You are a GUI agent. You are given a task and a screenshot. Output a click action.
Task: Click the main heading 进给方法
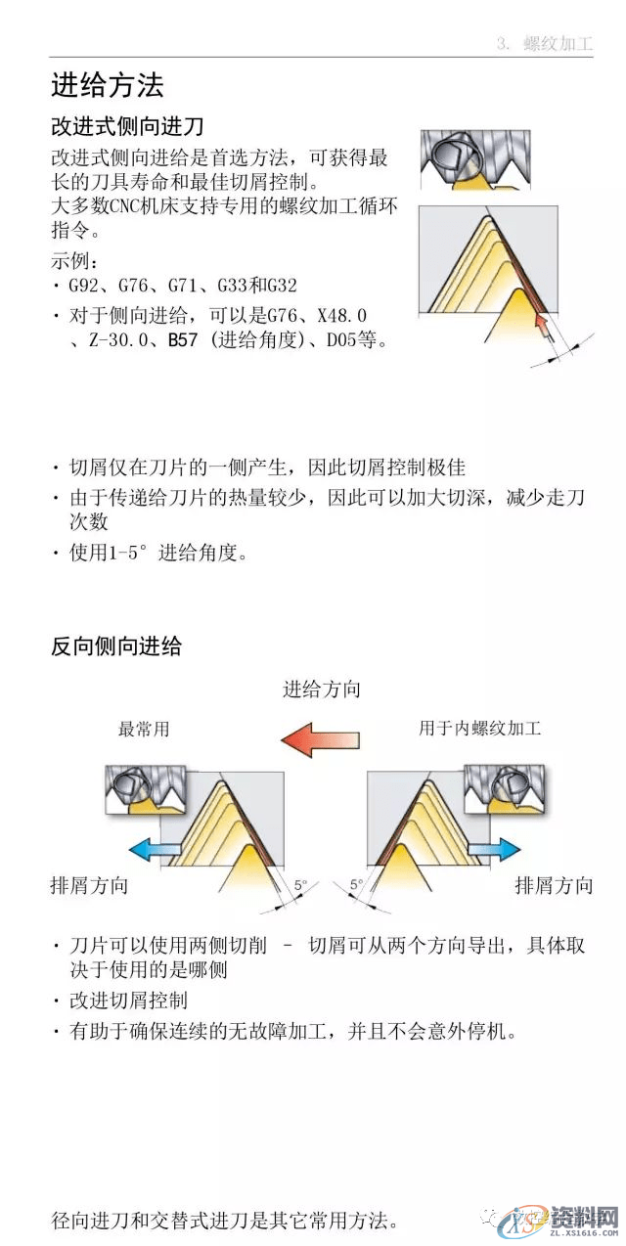[107, 86]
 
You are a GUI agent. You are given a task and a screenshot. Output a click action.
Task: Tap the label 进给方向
[322, 690]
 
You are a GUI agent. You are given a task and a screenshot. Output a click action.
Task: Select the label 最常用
[144, 730]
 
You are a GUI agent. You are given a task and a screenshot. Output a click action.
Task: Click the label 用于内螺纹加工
[479, 729]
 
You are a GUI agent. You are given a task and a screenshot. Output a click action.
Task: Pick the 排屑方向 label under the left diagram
[89, 886]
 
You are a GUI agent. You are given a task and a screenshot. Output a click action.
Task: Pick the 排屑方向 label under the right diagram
[554, 886]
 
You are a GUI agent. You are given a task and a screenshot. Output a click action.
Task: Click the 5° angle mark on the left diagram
[300, 884]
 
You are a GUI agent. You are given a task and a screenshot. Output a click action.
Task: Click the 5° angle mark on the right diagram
[356, 884]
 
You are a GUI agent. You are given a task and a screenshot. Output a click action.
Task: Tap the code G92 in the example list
[84, 287]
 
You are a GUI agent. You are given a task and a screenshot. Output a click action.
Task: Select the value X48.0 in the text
[341, 315]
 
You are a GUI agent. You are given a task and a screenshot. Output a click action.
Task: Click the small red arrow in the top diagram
[551, 331]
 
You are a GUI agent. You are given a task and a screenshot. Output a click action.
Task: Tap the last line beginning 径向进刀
[225, 1221]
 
